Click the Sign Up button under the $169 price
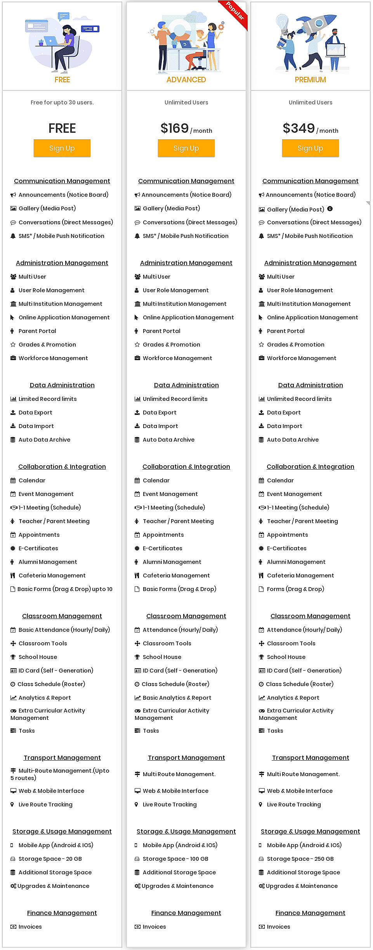tap(186, 148)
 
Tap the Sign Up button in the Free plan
tap(62, 148)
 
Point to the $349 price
tap(298, 128)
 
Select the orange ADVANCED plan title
tap(186, 80)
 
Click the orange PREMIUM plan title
tap(310, 80)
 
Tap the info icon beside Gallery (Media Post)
tap(330, 209)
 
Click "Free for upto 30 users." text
tap(62, 102)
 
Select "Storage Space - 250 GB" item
tap(300, 859)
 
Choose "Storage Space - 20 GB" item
tap(50, 859)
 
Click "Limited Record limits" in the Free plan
tap(47, 399)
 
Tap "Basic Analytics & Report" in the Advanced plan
tap(177, 698)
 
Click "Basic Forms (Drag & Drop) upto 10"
tap(65, 589)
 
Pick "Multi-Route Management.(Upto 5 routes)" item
tap(60, 774)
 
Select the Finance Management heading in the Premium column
tap(310, 913)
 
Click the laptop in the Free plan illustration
tap(51, 41)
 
